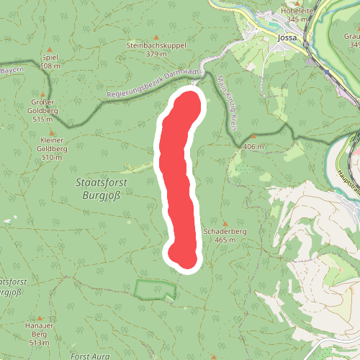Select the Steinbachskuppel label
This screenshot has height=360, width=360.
tap(156, 45)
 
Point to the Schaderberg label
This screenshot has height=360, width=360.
tap(225, 232)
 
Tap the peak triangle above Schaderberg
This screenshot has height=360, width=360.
tap(225, 222)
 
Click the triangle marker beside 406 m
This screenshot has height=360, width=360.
tap(253, 135)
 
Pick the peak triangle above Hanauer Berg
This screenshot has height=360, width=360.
tap(40, 318)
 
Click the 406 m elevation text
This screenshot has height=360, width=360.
tap(253, 146)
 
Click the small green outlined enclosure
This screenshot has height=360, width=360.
tap(155, 289)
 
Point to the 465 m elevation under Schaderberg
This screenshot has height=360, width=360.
tap(225, 240)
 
